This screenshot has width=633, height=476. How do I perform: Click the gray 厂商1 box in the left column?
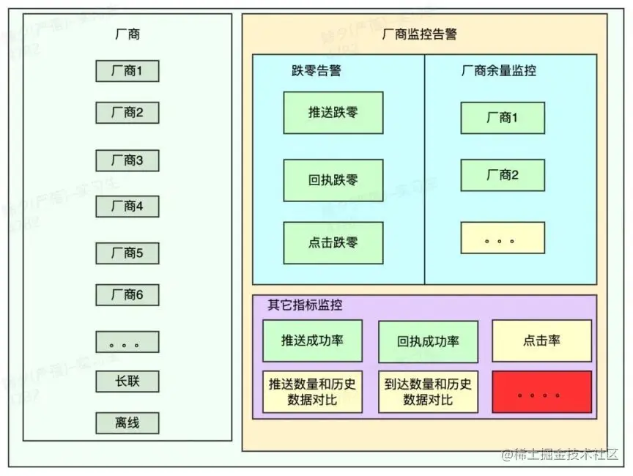[127, 71]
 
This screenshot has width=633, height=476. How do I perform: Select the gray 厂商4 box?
[127, 207]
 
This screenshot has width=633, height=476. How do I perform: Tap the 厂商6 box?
[127, 295]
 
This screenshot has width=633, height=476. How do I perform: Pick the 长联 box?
[127, 382]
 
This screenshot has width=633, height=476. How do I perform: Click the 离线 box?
[127, 423]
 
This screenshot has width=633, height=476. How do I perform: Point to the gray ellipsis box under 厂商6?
[127, 342]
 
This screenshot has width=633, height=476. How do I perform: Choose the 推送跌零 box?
[333, 113]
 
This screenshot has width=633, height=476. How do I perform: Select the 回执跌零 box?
[333, 180]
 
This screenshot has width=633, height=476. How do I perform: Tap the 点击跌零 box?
[333, 242]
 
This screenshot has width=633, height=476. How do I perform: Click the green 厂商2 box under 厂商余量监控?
[503, 175]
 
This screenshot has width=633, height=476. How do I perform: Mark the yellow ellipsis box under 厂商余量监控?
[503, 238]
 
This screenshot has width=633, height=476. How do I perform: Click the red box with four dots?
[541, 392]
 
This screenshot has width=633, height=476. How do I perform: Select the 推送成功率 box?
[312, 341]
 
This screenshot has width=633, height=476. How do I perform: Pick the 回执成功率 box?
[428, 341]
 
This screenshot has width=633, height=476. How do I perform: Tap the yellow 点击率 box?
[541, 341]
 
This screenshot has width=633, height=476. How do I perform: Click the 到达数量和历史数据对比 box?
[428, 392]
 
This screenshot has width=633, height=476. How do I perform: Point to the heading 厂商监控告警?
[420, 34]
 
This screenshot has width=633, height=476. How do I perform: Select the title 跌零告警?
[316, 71]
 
